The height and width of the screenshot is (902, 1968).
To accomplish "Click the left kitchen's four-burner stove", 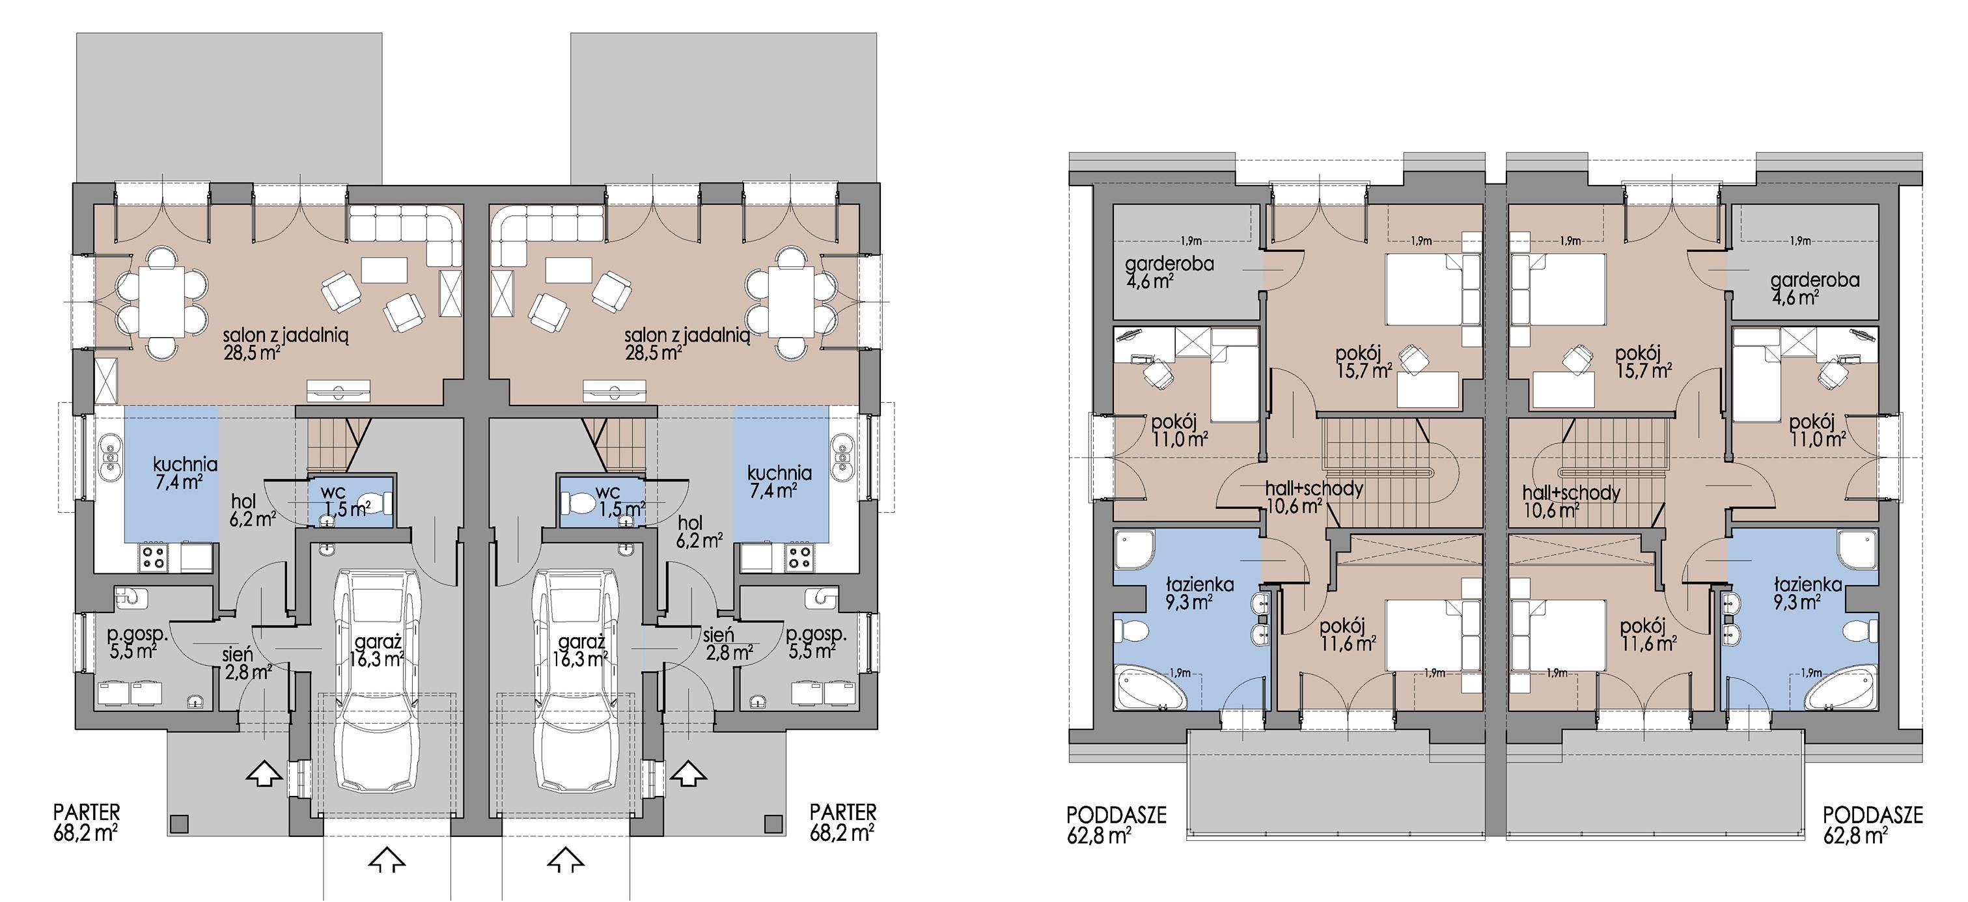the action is point(154,558).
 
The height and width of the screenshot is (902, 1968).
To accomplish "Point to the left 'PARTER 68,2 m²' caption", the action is point(87,821).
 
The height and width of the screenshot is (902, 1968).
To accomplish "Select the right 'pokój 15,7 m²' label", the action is point(1643,362).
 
